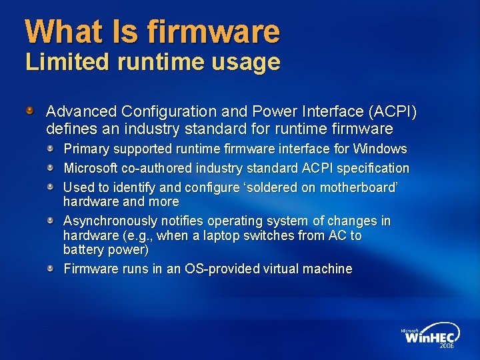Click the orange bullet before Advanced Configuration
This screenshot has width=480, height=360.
30,109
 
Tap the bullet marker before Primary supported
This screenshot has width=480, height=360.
51,148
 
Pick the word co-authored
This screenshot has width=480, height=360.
157,168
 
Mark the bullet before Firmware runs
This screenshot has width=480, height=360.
51,268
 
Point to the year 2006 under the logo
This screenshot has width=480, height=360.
447,347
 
